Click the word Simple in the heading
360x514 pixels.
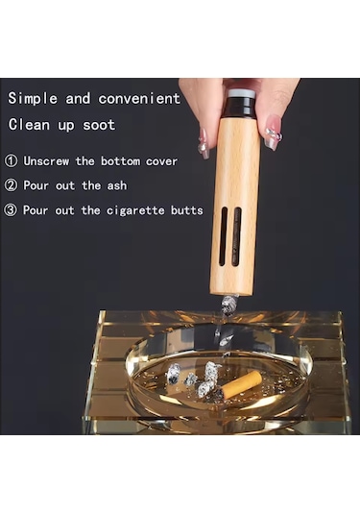click(33, 98)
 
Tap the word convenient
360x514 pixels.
click(139, 98)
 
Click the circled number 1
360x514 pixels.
click(12, 161)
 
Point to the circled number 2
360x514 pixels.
click(11, 185)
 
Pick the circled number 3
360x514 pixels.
click(11, 210)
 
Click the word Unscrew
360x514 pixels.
click(46, 161)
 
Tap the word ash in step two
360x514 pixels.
click(117, 185)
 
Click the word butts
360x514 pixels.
click(186, 210)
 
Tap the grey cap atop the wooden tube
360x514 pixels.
click(241, 93)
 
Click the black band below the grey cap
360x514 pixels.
click(241, 108)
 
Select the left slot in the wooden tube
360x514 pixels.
click(224, 236)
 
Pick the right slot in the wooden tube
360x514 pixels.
click(236, 236)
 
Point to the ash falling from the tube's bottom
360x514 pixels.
click(229, 304)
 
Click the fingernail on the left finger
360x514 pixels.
click(204, 143)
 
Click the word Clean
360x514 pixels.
click(29, 125)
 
